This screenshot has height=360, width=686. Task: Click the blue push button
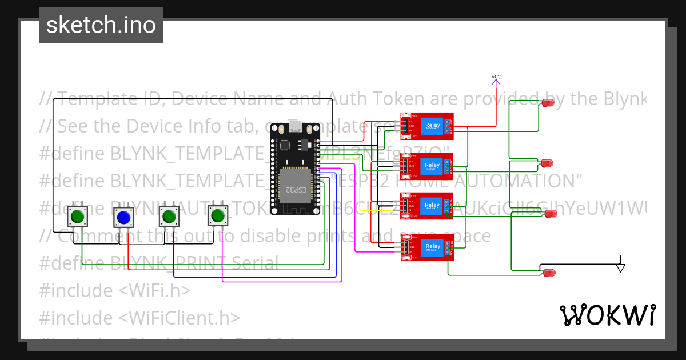tap(123, 217)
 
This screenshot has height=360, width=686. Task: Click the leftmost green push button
tap(78, 217)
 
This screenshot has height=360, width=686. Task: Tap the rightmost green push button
tap(217, 216)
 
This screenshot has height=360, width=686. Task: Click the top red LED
tap(548, 103)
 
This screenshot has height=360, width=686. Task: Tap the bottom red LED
tap(549, 273)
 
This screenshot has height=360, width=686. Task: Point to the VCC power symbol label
tap(496, 77)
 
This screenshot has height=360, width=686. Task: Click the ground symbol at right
tap(621, 267)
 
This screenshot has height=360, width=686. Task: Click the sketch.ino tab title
tap(101, 25)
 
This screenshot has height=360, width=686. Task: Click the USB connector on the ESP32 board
tap(296, 126)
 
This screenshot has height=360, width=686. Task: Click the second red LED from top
tap(547, 163)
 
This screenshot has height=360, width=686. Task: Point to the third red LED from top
tap(551, 214)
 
